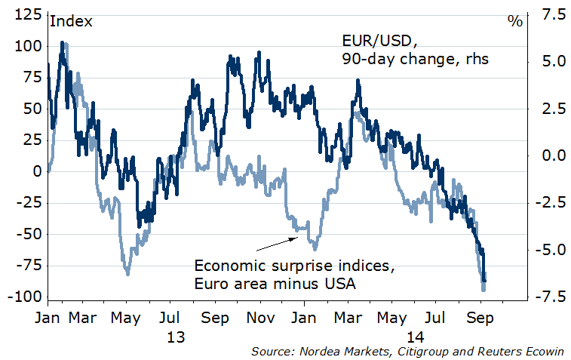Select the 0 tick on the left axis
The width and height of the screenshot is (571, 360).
click(x=36, y=171)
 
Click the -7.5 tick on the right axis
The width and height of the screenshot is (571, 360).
click(x=545, y=297)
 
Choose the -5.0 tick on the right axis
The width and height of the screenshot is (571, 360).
click(x=545, y=250)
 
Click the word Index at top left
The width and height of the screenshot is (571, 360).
click(x=71, y=21)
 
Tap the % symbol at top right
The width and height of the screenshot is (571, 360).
click(x=515, y=21)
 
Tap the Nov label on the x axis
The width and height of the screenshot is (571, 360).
click(x=263, y=318)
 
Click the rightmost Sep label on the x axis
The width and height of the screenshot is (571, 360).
click(x=480, y=318)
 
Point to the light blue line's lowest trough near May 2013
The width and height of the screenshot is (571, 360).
click(x=127, y=273)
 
